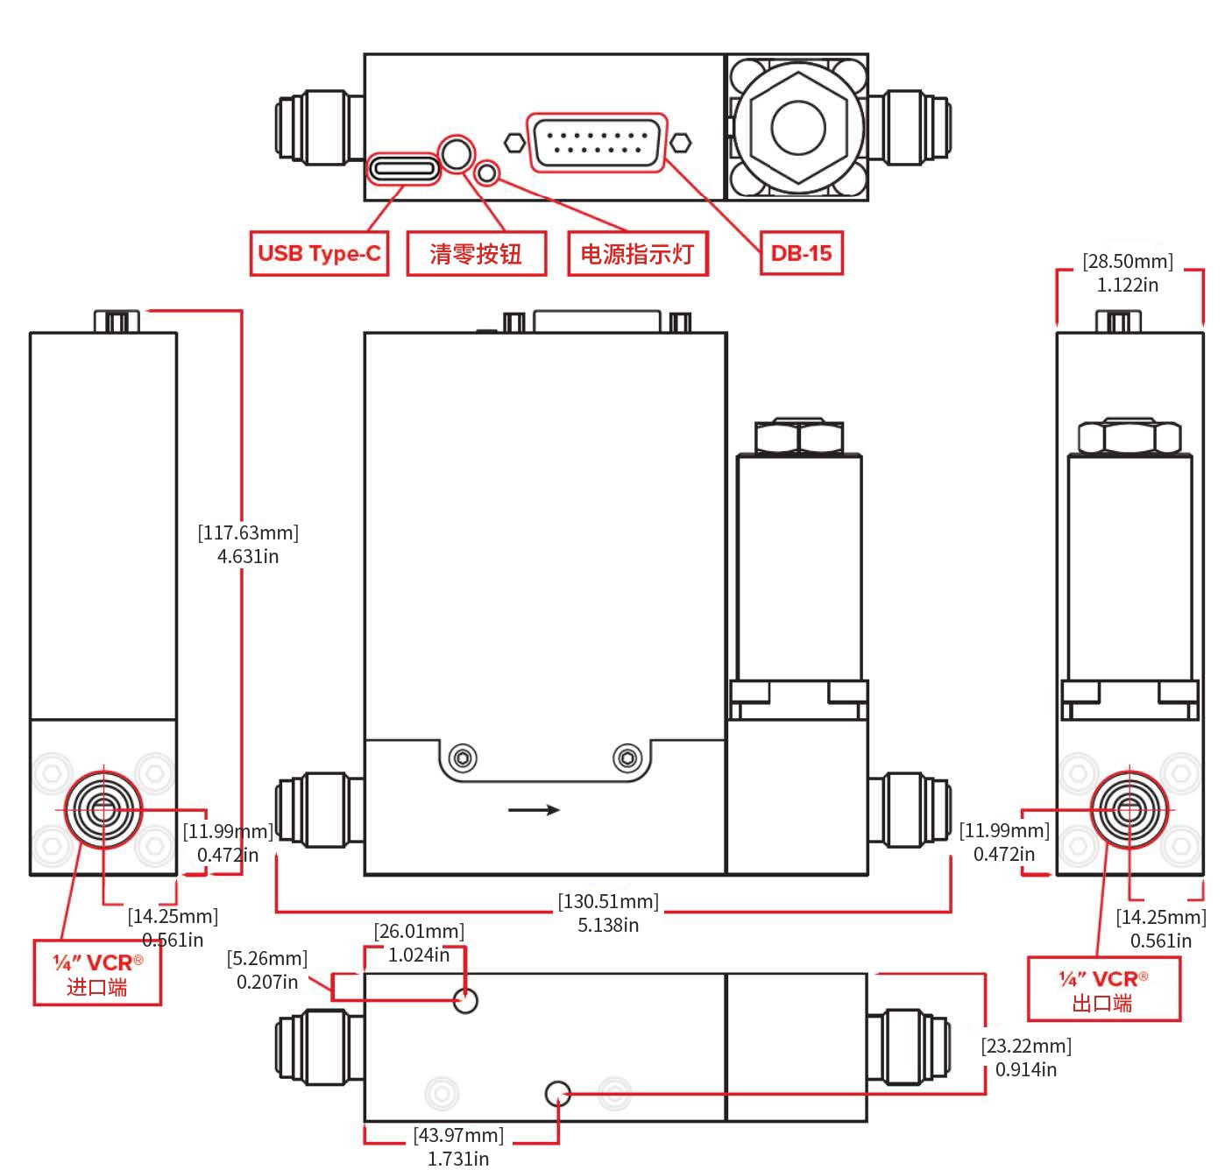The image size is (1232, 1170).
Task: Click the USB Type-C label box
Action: click(x=319, y=254)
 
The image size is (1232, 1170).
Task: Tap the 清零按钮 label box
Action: click(x=476, y=254)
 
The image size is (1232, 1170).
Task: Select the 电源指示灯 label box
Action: click(x=637, y=254)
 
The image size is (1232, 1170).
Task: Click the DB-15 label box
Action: click(x=801, y=253)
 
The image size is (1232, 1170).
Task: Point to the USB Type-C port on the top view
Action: click(x=403, y=168)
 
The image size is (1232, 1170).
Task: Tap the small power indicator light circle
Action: click(x=487, y=173)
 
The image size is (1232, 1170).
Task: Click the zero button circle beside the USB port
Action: click(x=456, y=153)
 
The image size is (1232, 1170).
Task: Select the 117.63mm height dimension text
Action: click(x=248, y=544)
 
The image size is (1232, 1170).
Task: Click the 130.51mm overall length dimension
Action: click(x=608, y=913)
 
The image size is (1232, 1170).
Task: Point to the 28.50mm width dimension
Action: click(x=1128, y=272)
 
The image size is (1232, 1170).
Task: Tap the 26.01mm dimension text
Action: click(x=419, y=942)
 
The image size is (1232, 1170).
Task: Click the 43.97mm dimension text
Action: click(x=458, y=1146)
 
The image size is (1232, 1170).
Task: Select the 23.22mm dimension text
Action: click(x=1026, y=1057)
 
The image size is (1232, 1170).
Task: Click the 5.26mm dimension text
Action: click(x=267, y=970)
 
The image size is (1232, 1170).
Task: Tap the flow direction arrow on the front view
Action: click(x=535, y=810)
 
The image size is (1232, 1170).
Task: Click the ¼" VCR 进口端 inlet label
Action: click(x=97, y=974)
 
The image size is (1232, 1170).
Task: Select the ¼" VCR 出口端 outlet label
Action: click(x=1103, y=990)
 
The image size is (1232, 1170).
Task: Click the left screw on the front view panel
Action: click(x=463, y=757)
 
